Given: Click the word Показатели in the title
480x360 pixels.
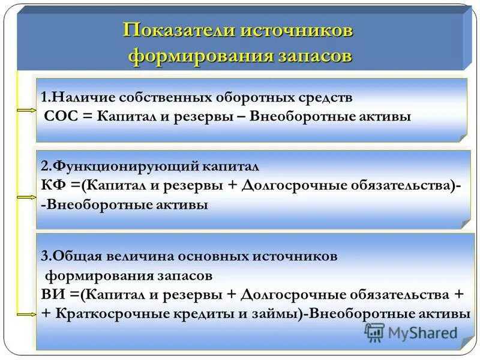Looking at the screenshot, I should tap(175, 31).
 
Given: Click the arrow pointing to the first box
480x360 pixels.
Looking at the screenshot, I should tap(26, 111).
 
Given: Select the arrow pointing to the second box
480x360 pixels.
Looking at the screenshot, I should tap(26, 196).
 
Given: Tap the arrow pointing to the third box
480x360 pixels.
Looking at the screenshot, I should tap(26, 314).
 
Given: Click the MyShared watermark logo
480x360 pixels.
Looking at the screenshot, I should tap(412, 332).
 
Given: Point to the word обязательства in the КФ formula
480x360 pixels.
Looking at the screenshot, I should tap(407, 185).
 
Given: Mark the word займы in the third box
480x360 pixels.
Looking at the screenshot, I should tap(280, 314).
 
